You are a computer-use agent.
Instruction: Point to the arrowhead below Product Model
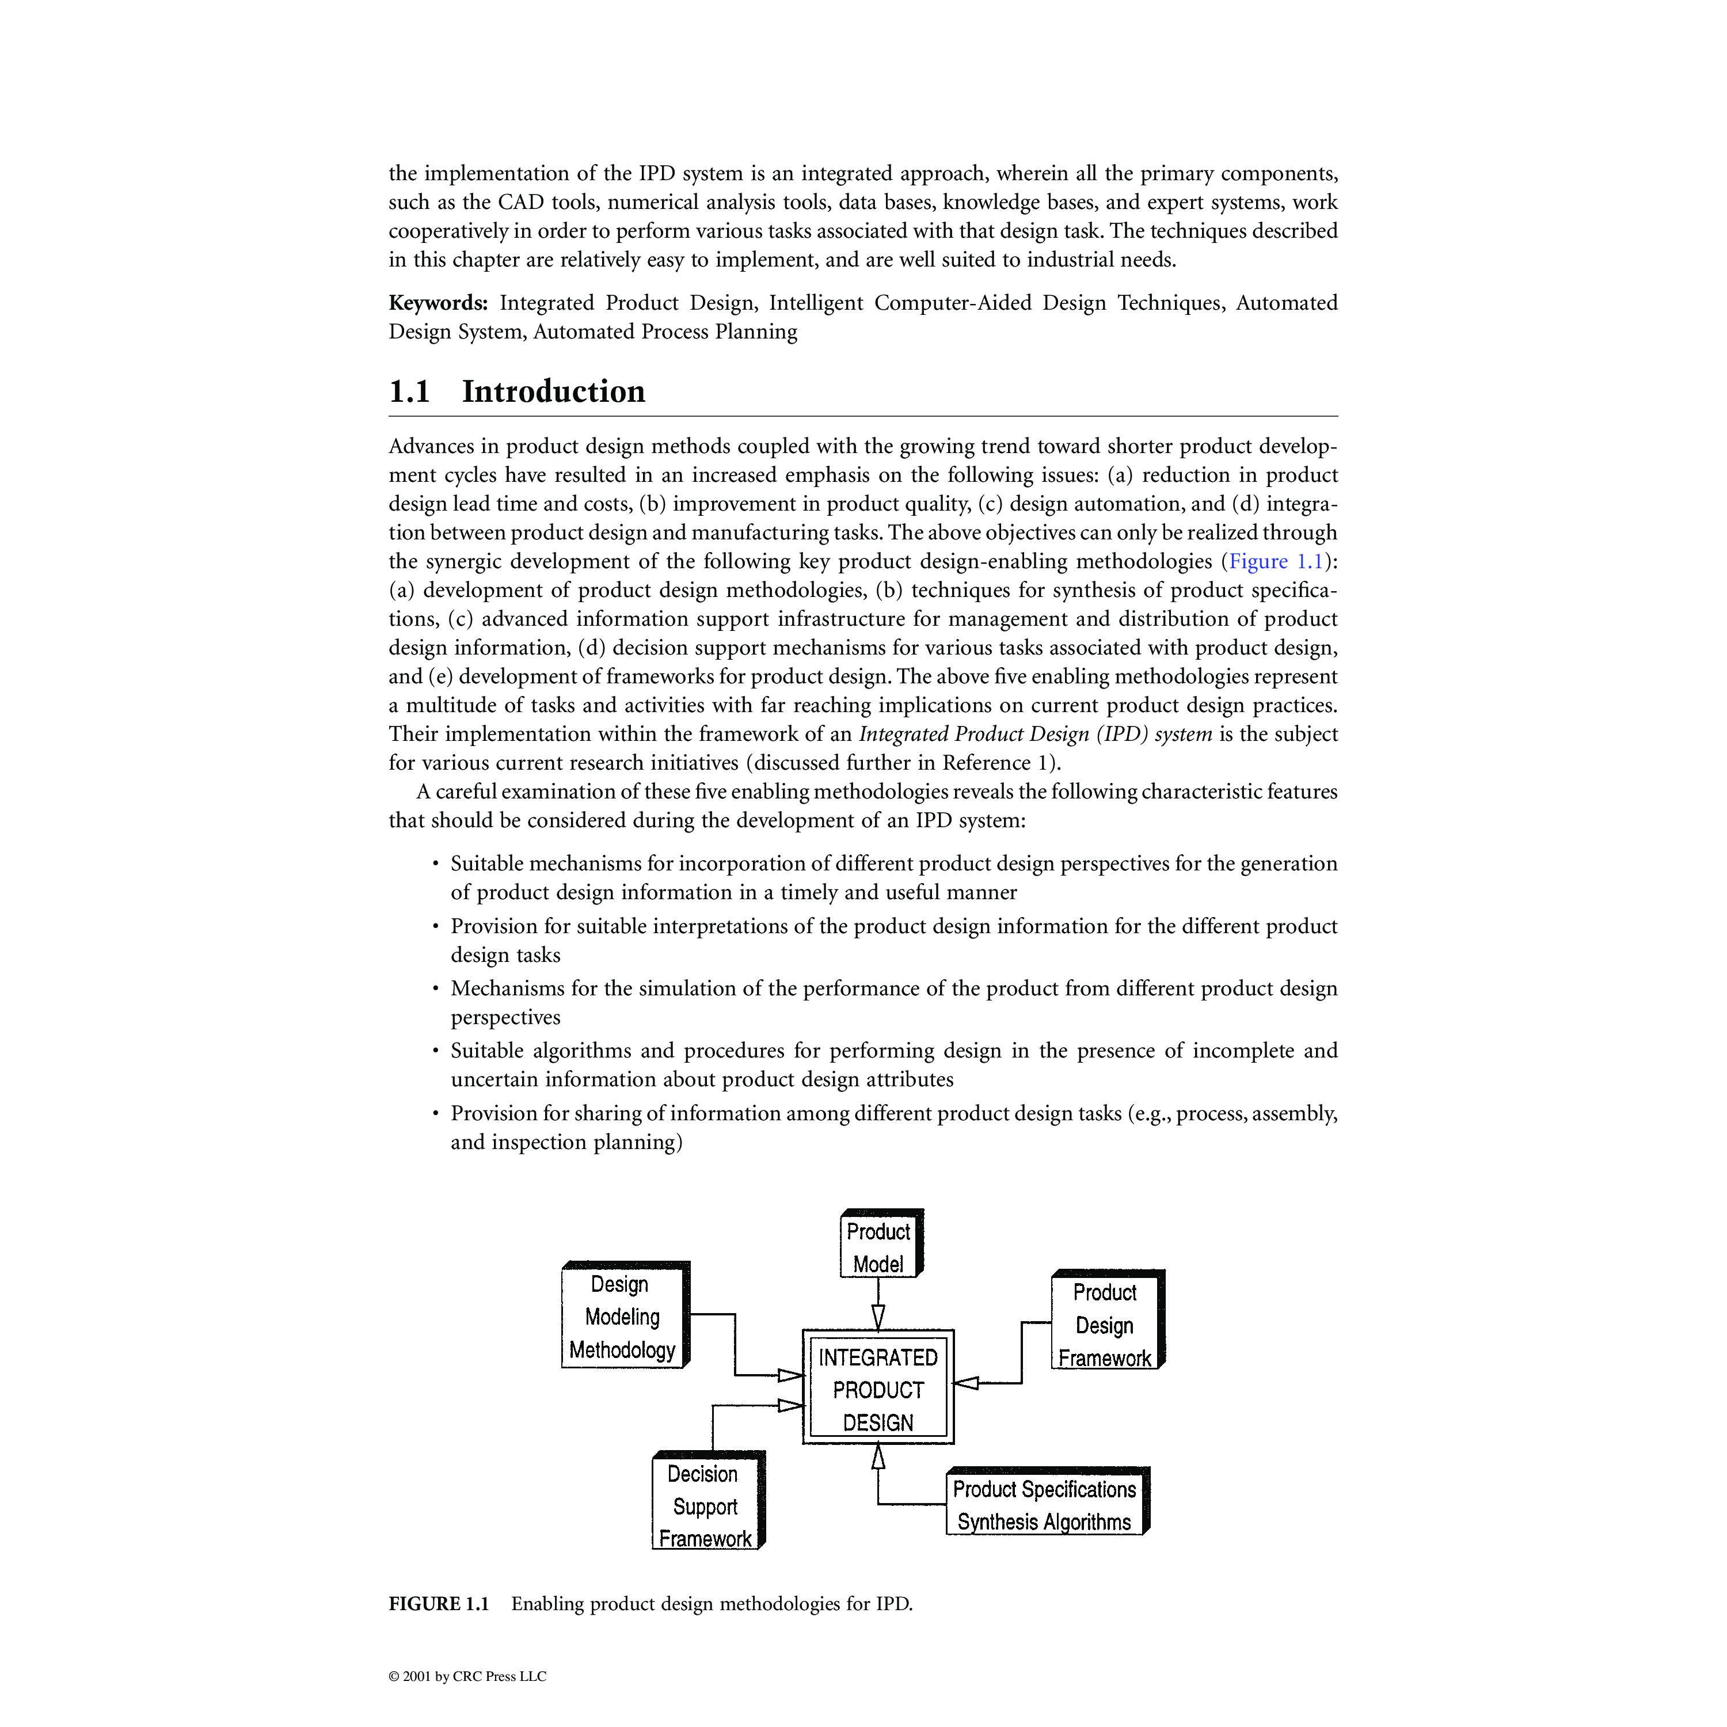878,1316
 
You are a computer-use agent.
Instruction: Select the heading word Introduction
553,391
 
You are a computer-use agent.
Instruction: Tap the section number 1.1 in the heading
409,391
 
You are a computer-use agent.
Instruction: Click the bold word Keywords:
438,303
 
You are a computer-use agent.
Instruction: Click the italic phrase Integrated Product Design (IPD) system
1035,734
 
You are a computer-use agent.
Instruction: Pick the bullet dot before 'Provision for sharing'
435,1114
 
